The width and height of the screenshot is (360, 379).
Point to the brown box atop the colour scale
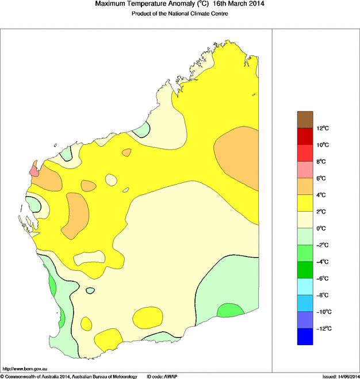(305, 120)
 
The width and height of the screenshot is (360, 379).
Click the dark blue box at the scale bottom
(305, 336)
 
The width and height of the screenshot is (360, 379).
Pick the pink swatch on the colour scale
(305, 170)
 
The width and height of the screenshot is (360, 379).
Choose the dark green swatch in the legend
(305, 270)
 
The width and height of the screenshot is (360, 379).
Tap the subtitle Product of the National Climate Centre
(181, 13)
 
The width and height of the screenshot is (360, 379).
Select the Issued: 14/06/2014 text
(340, 376)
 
